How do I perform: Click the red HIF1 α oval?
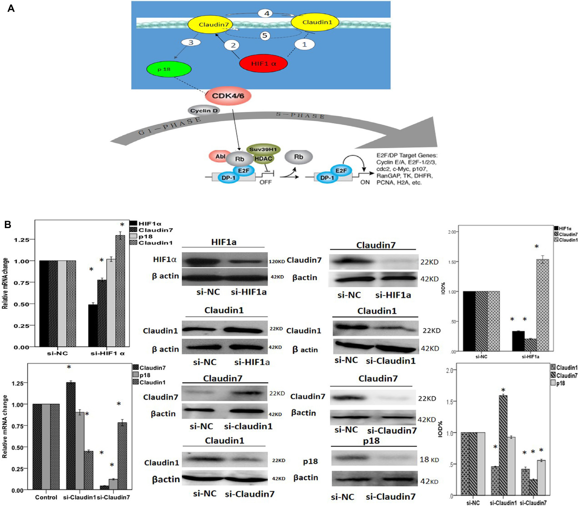263,63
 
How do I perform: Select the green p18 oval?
169,69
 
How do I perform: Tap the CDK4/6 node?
228,96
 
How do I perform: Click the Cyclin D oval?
204,111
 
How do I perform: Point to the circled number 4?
267,13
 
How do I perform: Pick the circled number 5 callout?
265,35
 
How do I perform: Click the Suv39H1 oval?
263,149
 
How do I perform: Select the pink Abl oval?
220,156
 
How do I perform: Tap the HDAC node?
263,159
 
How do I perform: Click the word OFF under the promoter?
265,182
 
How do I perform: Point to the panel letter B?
8,225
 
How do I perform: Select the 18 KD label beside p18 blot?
429,459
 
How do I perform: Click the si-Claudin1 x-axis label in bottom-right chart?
503,503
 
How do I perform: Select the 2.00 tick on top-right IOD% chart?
452,232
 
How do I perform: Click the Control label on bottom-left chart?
46,497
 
